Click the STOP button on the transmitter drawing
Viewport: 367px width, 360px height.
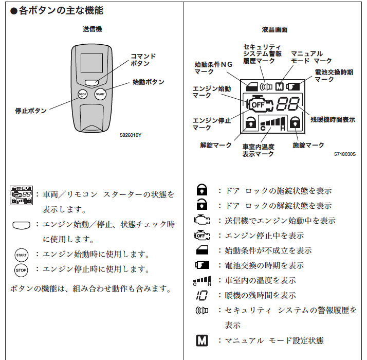[x=83, y=94]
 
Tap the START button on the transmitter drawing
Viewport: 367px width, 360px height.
[x=100, y=94]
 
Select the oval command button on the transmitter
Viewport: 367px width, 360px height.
[x=93, y=81]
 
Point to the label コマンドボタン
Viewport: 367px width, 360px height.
[x=143, y=60]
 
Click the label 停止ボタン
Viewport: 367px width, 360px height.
[x=31, y=111]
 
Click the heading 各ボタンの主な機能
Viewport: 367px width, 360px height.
[x=60, y=10]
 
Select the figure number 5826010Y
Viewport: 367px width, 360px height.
[x=131, y=135]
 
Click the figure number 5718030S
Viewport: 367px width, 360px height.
[x=345, y=153]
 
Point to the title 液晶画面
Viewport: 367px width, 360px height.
[x=274, y=30]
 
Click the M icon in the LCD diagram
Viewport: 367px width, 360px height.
[x=280, y=86]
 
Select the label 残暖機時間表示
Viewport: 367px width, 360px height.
[x=333, y=119]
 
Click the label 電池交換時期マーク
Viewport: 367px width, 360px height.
[x=334, y=76]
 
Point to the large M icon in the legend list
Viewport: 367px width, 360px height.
[x=202, y=340]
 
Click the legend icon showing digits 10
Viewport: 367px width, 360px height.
[x=201, y=295]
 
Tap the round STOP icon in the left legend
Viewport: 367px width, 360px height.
[x=21, y=269]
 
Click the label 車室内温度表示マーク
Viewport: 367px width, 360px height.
[x=259, y=150]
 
